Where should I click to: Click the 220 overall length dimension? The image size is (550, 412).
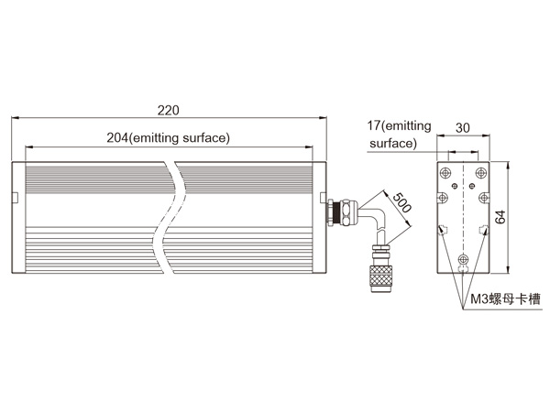click(169, 111)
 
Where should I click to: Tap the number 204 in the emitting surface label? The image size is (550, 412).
click(118, 137)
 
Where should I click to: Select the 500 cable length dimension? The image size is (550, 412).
click(401, 203)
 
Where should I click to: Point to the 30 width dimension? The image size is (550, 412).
click(462, 128)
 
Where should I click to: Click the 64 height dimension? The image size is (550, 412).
click(500, 217)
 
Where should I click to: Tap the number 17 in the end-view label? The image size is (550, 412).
click(374, 125)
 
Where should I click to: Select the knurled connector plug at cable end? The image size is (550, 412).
click(381, 278)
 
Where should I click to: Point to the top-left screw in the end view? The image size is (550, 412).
click(445, 173)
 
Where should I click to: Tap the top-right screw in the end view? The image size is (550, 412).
click(481, 173)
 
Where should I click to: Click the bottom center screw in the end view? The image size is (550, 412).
click(463, 259)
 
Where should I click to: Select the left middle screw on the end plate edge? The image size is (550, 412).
click(443, 198)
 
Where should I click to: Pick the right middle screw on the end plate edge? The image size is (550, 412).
click(484, 198)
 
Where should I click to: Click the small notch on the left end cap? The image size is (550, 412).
click(15, 197)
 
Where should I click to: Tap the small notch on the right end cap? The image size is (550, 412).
click(323, 197)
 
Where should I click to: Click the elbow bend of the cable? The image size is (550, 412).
click(377, 217)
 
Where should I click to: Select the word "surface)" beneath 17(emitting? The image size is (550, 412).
click(393, 144)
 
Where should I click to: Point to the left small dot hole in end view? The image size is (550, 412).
click(455, 185)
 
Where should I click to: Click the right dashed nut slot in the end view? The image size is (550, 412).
click(484, 230)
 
